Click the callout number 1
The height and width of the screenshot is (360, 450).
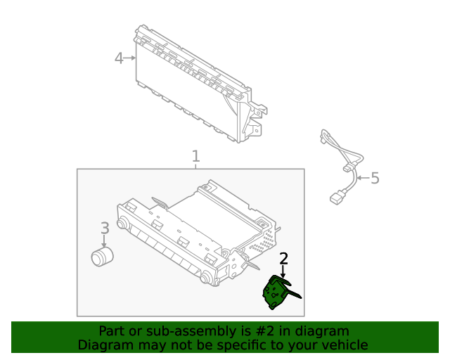(x=195, y=156)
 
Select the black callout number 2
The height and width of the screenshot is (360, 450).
(x=283, y=259)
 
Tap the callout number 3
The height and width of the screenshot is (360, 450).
(x=104, y=228)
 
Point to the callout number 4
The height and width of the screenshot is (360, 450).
(x=119, y=58)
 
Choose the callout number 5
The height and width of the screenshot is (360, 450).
(x=375, y=178)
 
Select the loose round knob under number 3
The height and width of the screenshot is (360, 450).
(x=103, y=257)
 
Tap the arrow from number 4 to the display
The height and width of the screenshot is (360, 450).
(x=131, y=58)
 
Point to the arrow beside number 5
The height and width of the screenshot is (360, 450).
(x=360, y=178)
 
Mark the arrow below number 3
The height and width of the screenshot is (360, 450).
(x=104, y=240)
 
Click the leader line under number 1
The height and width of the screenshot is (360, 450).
(x=195, y=166)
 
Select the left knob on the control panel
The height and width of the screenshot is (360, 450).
(x=122, y=225)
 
